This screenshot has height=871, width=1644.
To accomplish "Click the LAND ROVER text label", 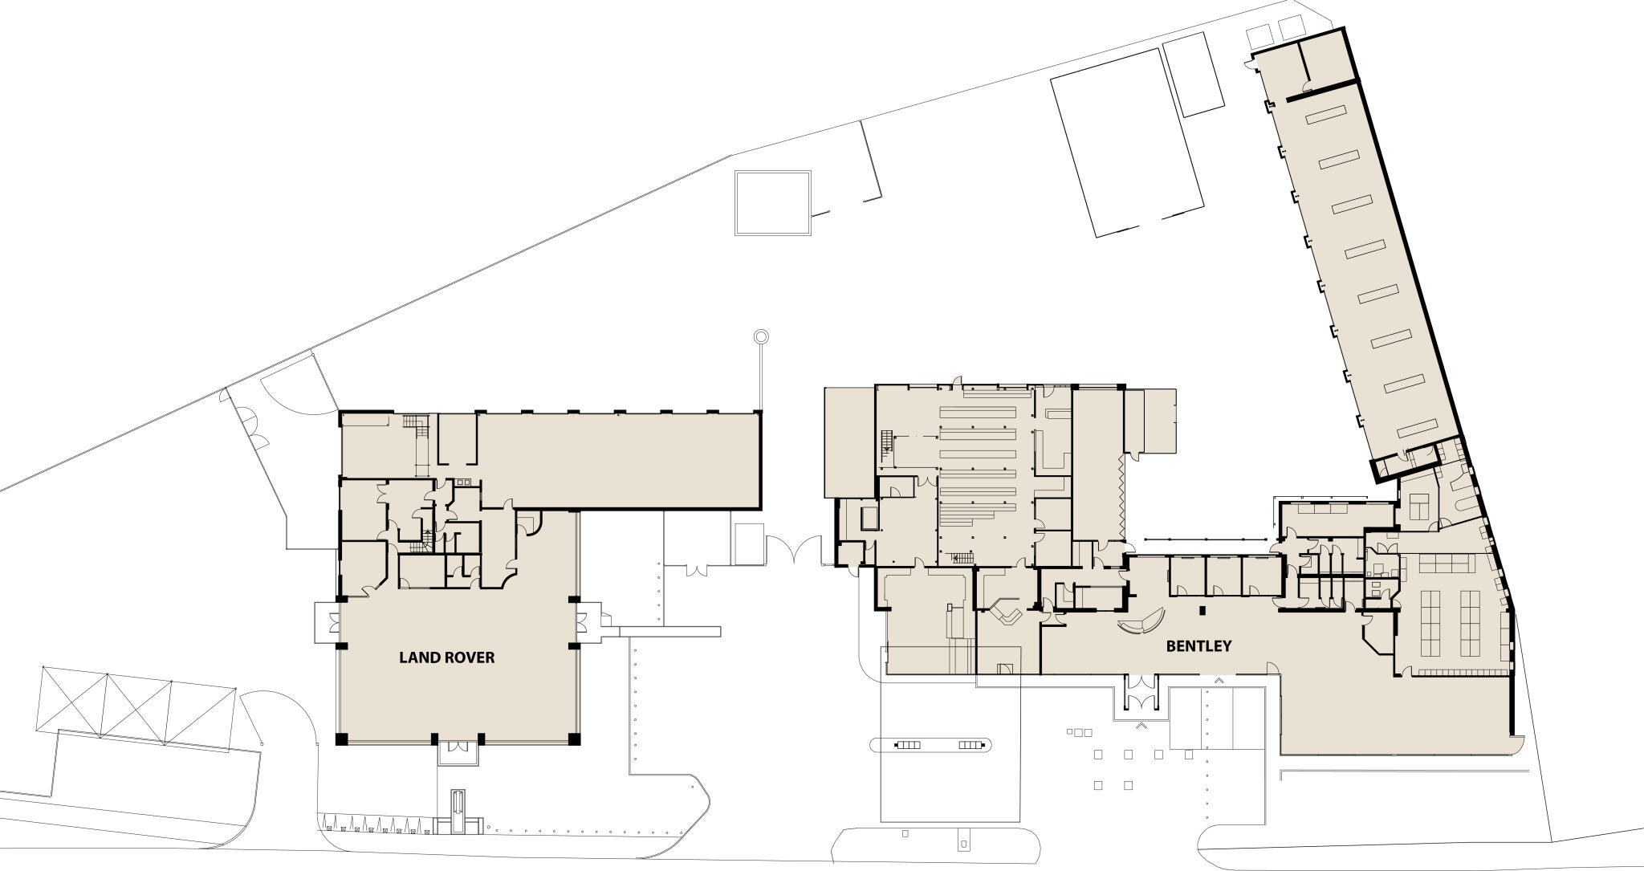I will [446, 657].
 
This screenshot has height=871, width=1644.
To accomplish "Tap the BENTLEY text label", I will [1198, 645].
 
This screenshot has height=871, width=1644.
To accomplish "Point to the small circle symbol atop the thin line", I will [761, 336].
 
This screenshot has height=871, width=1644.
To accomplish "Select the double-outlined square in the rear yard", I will [772, 202].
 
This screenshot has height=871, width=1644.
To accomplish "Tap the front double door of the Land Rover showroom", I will [458, 747].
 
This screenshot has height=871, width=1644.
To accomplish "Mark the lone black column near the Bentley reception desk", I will [1202, 611].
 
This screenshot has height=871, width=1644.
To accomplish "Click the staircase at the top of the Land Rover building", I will [413, 422].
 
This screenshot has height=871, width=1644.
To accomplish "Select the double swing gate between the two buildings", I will [794, 550].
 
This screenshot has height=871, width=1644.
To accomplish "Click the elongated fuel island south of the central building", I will [931, 745].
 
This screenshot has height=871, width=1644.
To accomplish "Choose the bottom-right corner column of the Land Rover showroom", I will [574, 739].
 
